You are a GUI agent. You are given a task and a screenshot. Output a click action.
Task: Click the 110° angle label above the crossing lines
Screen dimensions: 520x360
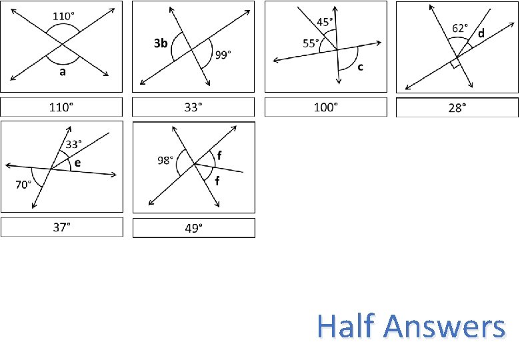[64, 15]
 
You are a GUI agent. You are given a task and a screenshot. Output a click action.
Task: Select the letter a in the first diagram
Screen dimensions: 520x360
[63, 73]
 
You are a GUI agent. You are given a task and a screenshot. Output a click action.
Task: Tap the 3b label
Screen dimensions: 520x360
[160, 43]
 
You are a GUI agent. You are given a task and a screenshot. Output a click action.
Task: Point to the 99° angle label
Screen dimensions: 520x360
[222, 55]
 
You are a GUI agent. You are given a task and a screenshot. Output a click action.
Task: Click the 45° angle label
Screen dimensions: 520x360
[325, 21]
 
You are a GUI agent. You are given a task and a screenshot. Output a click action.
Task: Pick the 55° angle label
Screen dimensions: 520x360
[311, 43]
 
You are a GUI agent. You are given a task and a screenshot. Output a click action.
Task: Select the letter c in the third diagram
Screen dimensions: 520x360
[361, 66]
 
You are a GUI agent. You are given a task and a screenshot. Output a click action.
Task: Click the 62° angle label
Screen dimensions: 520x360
[460, 28]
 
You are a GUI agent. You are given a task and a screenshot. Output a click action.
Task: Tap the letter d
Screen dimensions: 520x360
[480, 33]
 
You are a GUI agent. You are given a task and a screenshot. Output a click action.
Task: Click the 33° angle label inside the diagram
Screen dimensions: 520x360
[74, 143]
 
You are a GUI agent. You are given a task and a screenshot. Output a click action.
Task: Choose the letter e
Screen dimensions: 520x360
[77, 163]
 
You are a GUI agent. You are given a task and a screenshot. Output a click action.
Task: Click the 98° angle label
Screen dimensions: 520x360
[165, 160]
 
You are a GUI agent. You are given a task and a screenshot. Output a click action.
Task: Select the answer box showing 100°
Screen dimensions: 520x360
[326, 107]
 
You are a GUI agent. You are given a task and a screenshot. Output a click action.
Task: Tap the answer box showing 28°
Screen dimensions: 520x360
[457, 107]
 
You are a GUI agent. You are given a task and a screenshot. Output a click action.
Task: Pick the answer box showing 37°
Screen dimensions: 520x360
[62, 227]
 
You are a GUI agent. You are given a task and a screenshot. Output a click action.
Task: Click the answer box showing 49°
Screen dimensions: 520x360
[194, 228]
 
